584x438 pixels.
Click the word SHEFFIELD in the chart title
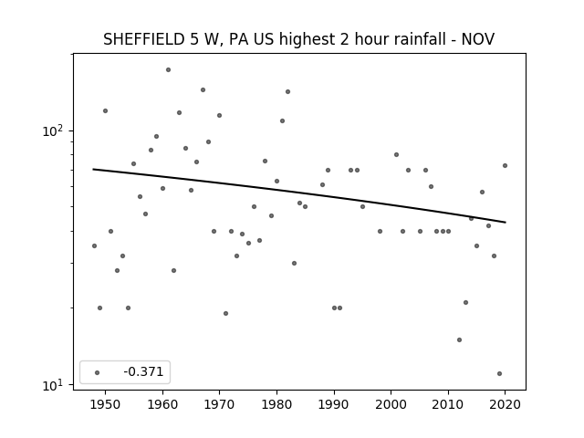click(143, 39)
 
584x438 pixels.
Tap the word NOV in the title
click(478, 39)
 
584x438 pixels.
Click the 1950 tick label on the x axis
click(105, 404)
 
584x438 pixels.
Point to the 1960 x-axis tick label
click(162, 404)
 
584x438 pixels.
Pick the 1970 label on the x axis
click(219, 404)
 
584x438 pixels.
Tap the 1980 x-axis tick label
click(276, 404)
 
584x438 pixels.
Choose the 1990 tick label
click(334, 404)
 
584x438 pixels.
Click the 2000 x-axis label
click(391, 404)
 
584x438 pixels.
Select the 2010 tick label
click(448, 404)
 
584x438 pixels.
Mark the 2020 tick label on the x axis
click(506, 404)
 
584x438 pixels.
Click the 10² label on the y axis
click(53, 130)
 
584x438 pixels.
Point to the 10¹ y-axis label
click(53, 385)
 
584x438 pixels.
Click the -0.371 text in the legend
click(143, 371)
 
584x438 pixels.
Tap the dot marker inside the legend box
click(98, 372)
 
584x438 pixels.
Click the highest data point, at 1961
click(168, 69)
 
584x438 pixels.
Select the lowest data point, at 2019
click(499, 373)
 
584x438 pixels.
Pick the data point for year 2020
click(505, 166)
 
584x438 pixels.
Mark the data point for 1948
click(94, 245)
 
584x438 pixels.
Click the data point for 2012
click(459, 339)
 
